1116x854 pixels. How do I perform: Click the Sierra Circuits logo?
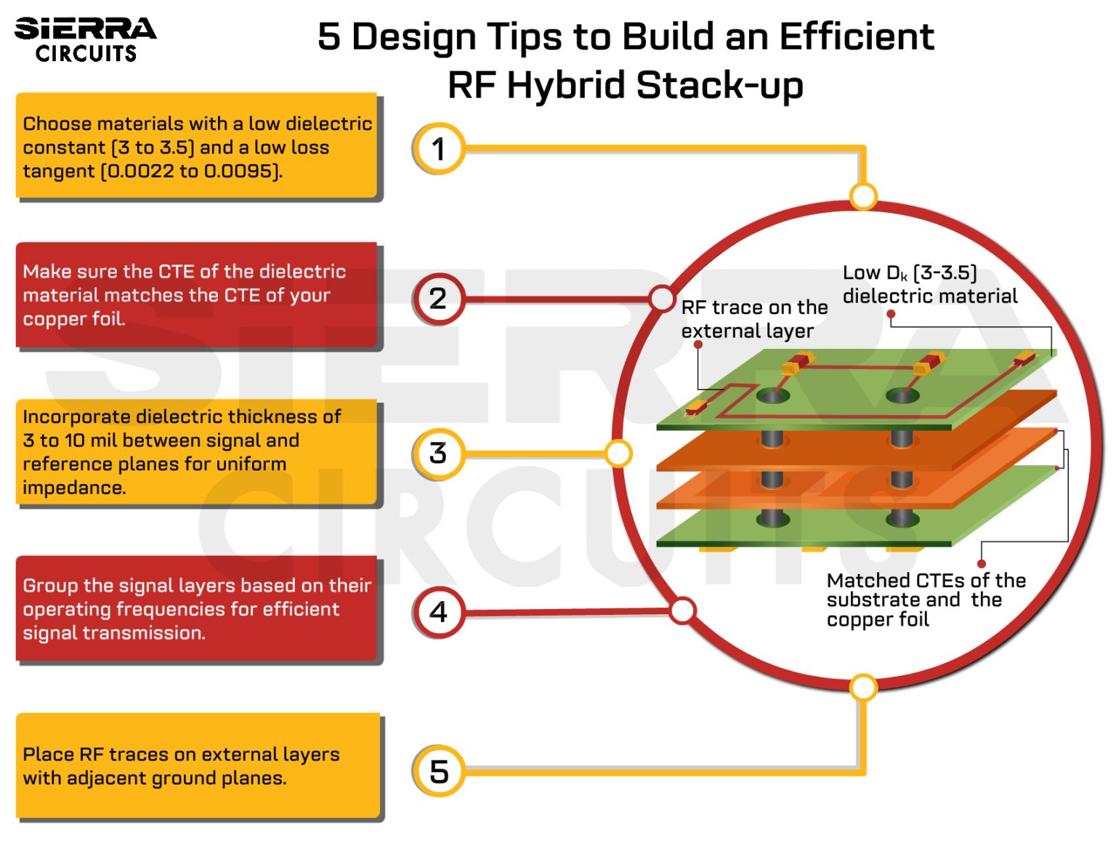tap(86, 39)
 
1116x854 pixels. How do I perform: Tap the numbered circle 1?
tap(438, 149)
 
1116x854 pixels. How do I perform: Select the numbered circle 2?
tap(438, 299)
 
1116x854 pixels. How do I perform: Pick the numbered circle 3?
tap(438, 454)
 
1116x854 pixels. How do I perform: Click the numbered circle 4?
tap(438, 612)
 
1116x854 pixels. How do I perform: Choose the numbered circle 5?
tap(438, 771)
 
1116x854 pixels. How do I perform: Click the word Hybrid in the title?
tap(565, 86)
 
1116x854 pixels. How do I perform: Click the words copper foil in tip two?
tap(73, 319)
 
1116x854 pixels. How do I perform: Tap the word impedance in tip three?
tap(73, 488)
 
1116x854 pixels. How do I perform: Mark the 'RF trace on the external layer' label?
tap(753, 319)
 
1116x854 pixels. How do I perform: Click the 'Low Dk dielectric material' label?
tap(929, 284)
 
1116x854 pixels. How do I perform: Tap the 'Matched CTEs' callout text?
tap(925, 600)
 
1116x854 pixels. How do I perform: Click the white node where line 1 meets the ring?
tap(863, 196)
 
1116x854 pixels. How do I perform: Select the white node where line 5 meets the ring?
tap(863, 687)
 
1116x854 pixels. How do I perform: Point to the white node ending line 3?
tap(618, 454)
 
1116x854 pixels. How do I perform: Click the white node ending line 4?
tap(682, 611)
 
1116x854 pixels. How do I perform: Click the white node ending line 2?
tap(662, 298)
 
